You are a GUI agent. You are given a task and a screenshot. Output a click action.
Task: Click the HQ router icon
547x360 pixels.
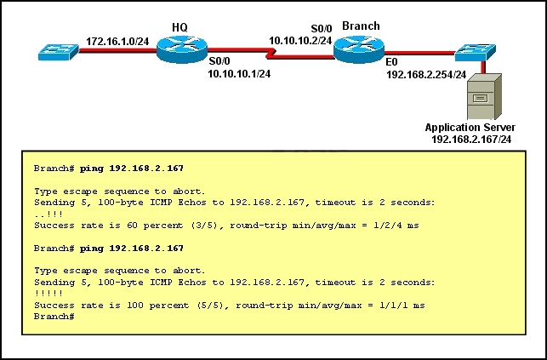182,49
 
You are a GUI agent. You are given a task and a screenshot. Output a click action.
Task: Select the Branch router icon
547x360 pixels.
359,49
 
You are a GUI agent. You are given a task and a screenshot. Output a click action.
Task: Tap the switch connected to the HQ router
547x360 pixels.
58,52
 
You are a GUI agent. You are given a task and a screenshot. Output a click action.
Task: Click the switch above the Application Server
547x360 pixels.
476,53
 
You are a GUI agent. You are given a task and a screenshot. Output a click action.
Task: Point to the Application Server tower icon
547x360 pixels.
484,97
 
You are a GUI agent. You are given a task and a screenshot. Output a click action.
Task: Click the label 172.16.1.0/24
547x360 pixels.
117,42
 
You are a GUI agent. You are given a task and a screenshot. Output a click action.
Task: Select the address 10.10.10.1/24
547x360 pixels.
239,73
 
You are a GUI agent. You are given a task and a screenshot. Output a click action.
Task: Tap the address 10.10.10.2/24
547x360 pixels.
300,41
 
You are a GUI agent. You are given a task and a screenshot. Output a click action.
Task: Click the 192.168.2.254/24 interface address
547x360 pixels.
426,75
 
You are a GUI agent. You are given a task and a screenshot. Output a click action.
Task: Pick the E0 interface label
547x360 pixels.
391,62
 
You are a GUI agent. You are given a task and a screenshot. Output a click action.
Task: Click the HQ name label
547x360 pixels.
179,27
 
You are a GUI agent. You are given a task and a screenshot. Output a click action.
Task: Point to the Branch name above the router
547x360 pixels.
361,26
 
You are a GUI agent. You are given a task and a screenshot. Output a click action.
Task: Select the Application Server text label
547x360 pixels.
470,128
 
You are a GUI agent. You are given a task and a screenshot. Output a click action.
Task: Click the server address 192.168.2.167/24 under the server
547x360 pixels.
471,140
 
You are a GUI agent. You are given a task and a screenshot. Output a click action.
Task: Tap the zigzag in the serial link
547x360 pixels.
271,54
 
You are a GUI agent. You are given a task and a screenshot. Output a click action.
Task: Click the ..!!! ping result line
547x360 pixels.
48,214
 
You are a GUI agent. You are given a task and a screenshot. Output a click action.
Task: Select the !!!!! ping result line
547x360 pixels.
48,294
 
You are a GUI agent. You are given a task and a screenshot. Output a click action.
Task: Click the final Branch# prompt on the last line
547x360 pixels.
54,317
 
